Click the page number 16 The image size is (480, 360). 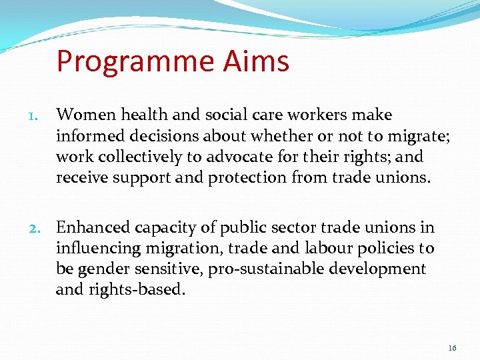pyautogui.click(x=452, y=348)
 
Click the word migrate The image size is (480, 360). pyautogui.click(x=420, y=137)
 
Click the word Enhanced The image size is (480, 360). pyautogui.click(x=93, y=228)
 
